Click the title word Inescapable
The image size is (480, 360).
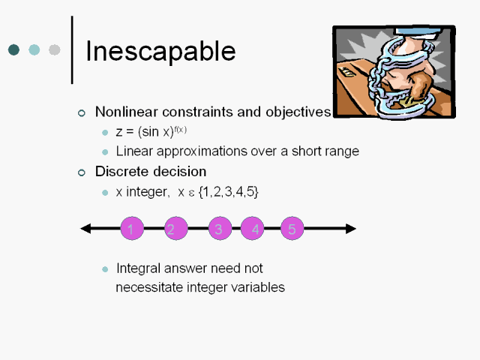click(x=160, y=51)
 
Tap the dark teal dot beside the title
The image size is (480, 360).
click(x=13, y=49)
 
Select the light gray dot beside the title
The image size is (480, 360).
click(x=55, y=49)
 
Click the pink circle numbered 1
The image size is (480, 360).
click(x=132, y=228)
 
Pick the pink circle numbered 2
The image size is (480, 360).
click(x=176, y=228)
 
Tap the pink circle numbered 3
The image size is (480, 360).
click(x=220, y=228)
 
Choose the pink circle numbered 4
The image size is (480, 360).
click(x=252, y=228)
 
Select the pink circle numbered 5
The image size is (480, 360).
click(x=292, y=228)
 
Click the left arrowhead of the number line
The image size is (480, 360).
click(x=85, y=228)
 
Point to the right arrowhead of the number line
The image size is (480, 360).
click(x=351, y=228)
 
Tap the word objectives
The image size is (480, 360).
click(x=298, y=112)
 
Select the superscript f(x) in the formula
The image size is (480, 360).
click(x=180, y=130)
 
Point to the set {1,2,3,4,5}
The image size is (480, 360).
click(x=229, y=192)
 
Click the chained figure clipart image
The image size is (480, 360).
click(x=394, y=72)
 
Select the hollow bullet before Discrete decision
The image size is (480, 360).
click(x=82, y=172)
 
